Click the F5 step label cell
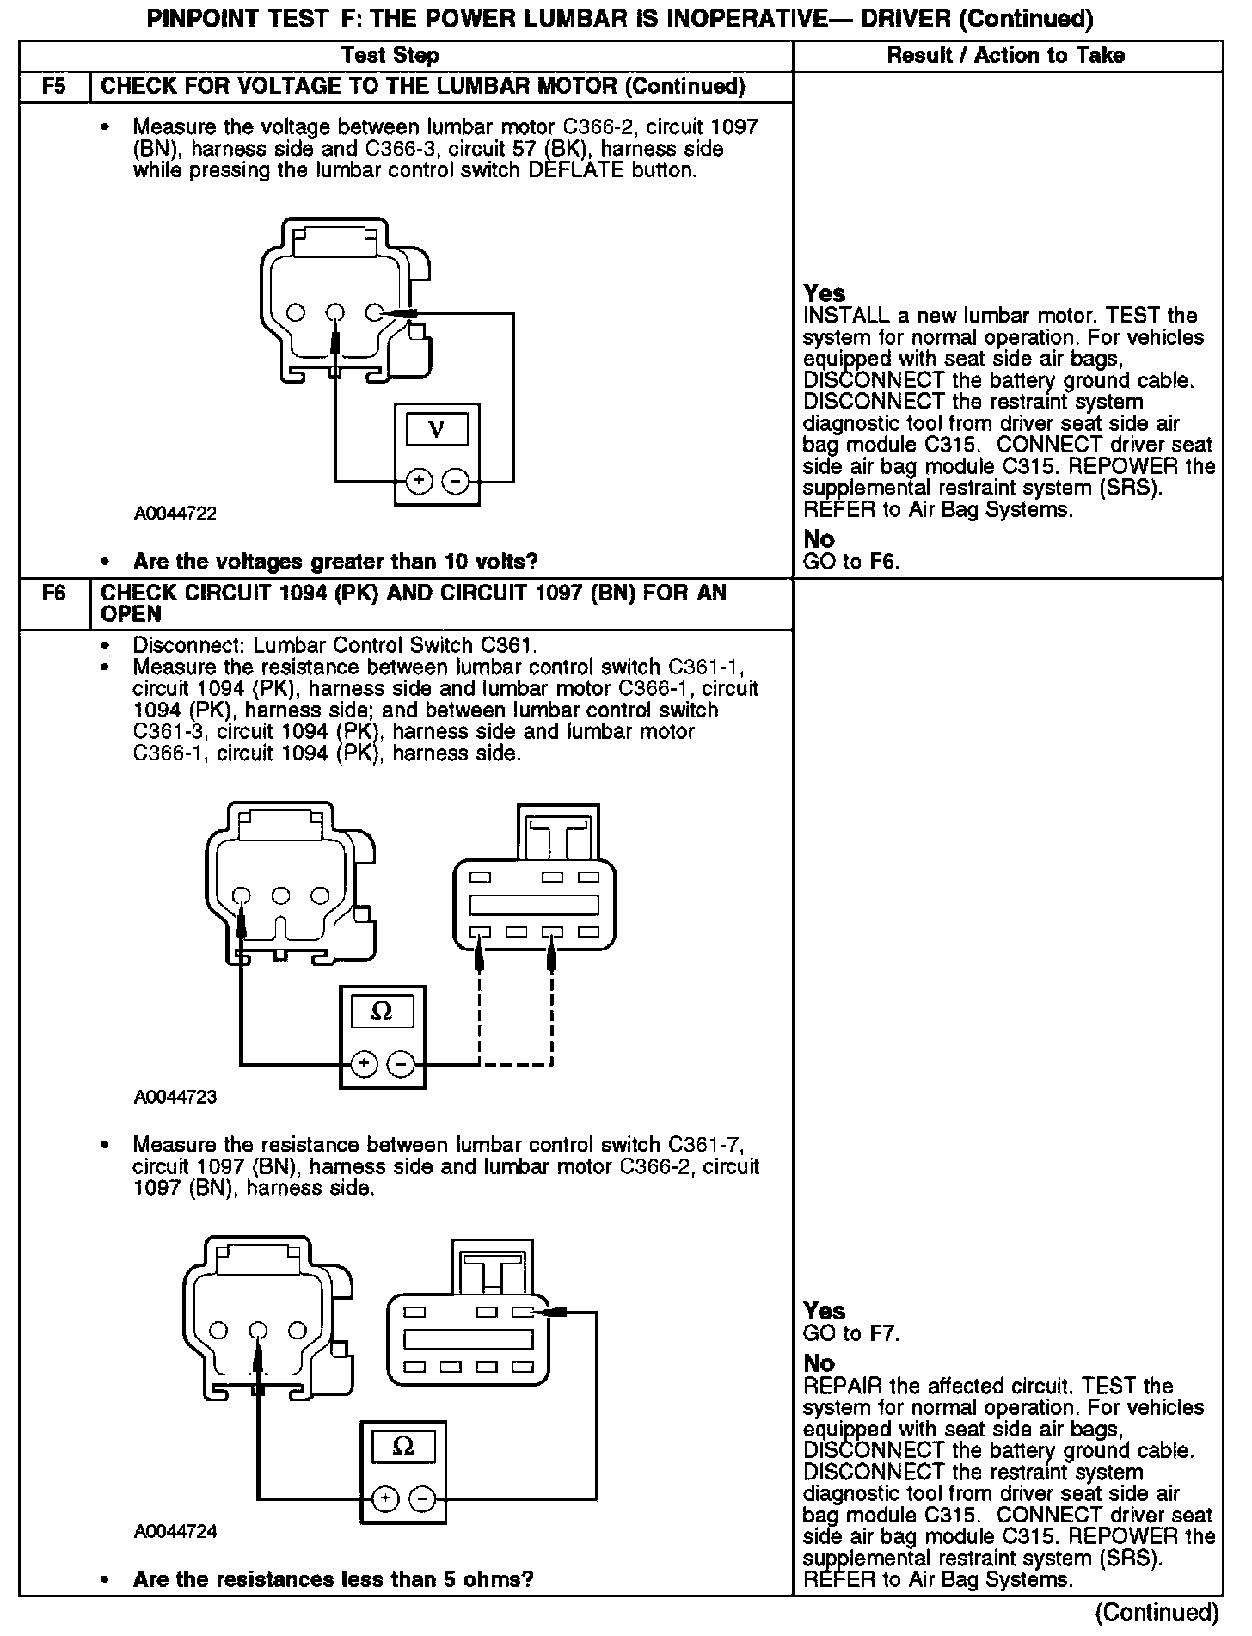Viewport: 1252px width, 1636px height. tap(53, 87)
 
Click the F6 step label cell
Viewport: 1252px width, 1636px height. tap(53, 594)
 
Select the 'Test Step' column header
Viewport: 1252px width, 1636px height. tap(390, 56)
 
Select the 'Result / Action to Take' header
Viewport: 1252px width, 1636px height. tap(1005, 56)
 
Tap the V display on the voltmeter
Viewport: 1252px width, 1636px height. tap(437, 429)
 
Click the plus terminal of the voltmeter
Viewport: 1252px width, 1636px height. tap(419, 481)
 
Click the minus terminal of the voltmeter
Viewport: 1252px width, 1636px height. tap(456, 481)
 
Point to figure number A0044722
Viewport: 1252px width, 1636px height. tap(175, 514)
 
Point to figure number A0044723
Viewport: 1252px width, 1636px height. tap(175, 1097)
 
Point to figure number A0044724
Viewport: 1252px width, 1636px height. tap(175, 1531)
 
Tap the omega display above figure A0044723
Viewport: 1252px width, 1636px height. tap(382, 1012)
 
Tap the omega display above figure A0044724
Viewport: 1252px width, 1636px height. tap(402, 1447)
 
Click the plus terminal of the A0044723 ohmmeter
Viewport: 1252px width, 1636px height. tap(365, 1064)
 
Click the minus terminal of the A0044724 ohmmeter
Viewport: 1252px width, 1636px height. tap(422, 1499)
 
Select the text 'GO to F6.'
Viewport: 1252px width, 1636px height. tap(850, 562)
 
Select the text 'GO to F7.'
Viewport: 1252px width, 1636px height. tap(850, 1333)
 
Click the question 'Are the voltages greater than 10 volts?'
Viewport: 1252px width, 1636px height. tap(335, 562)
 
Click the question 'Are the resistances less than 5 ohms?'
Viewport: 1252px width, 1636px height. tap(333, 1579)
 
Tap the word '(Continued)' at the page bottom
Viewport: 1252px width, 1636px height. tap(1157, 1611)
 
